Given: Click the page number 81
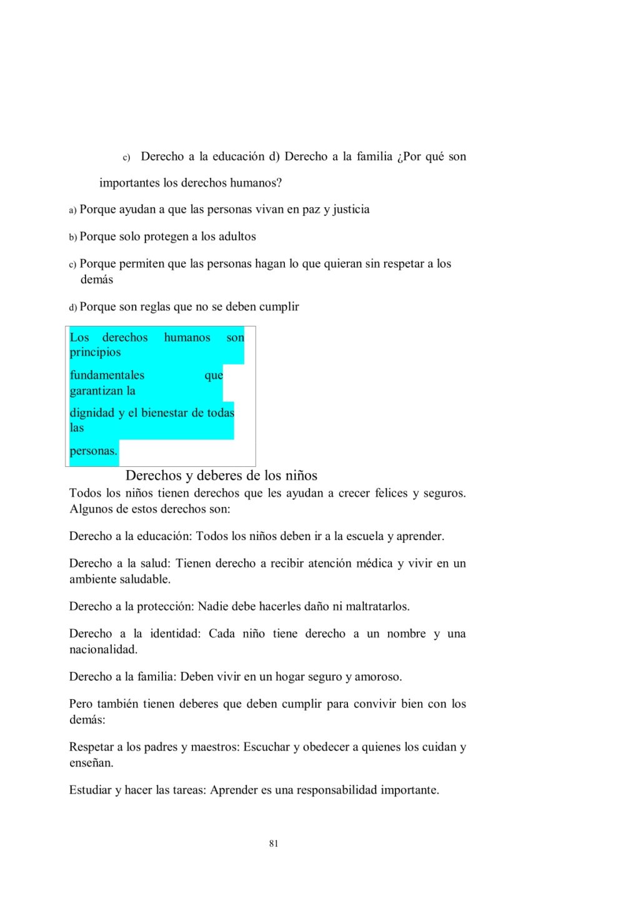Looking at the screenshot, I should click(x=274, y=843).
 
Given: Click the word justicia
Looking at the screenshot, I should click(x=351, y=209).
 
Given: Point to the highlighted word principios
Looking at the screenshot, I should click(x=95, y=352).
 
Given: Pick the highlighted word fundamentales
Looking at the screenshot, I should click(x=107, y=375).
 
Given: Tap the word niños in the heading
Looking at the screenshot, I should click(x=301, y=476).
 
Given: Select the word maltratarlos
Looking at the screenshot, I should click(x=377, y=606).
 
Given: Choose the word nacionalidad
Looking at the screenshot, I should click(x=103, y=649).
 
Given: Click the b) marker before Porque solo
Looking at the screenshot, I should click(x=73, y=237).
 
